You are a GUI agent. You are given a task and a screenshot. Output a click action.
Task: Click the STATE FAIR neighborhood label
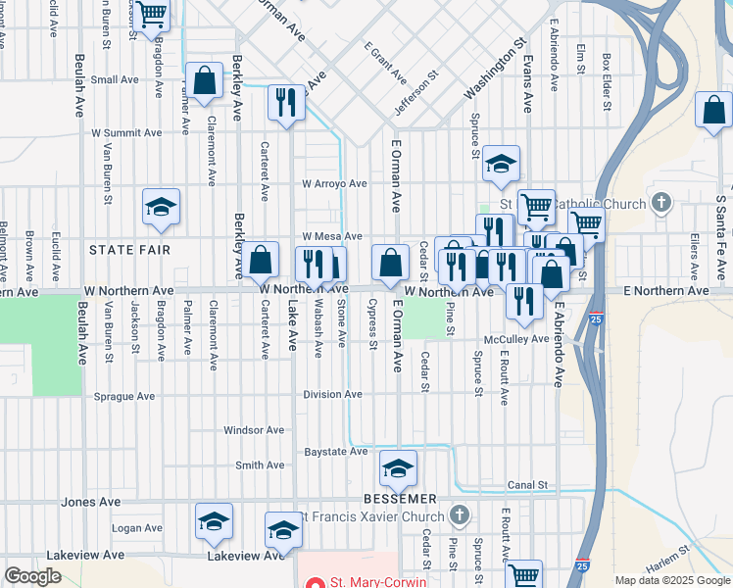tap(130, 250)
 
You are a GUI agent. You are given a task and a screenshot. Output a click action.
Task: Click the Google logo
tap(32, 576)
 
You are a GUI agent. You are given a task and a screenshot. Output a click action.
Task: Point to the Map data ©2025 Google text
tap(672, 580)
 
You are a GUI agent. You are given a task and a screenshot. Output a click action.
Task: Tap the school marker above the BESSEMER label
tap(399, 471)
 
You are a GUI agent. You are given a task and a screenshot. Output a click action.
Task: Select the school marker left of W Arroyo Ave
tap(161, 207)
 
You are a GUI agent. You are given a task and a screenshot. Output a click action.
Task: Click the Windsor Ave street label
tap(254, 430)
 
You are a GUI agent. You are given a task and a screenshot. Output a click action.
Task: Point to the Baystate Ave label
tap(335, 452)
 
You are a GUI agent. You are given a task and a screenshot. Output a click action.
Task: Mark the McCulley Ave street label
tap(516, 339)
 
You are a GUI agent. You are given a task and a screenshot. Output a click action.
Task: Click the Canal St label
tap(526, 485)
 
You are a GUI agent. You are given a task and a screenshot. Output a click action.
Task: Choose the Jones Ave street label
tap(91, 502)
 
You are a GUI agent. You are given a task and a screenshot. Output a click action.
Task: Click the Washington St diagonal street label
tap(496, 71)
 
